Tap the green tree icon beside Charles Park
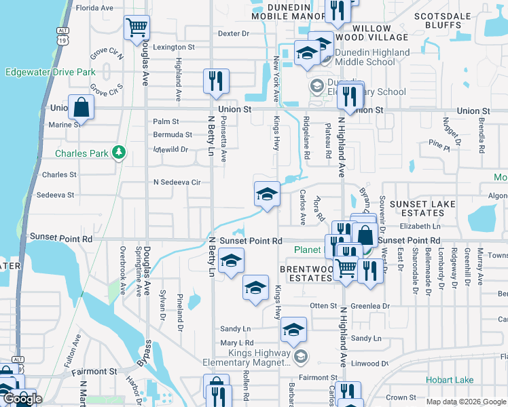[120, 153]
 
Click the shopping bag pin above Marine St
[81, 107]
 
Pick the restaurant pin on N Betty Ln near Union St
[216, 81]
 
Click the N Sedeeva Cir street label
[177, 182]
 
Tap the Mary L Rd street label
[236, 343]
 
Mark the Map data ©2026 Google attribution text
[466, 402]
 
